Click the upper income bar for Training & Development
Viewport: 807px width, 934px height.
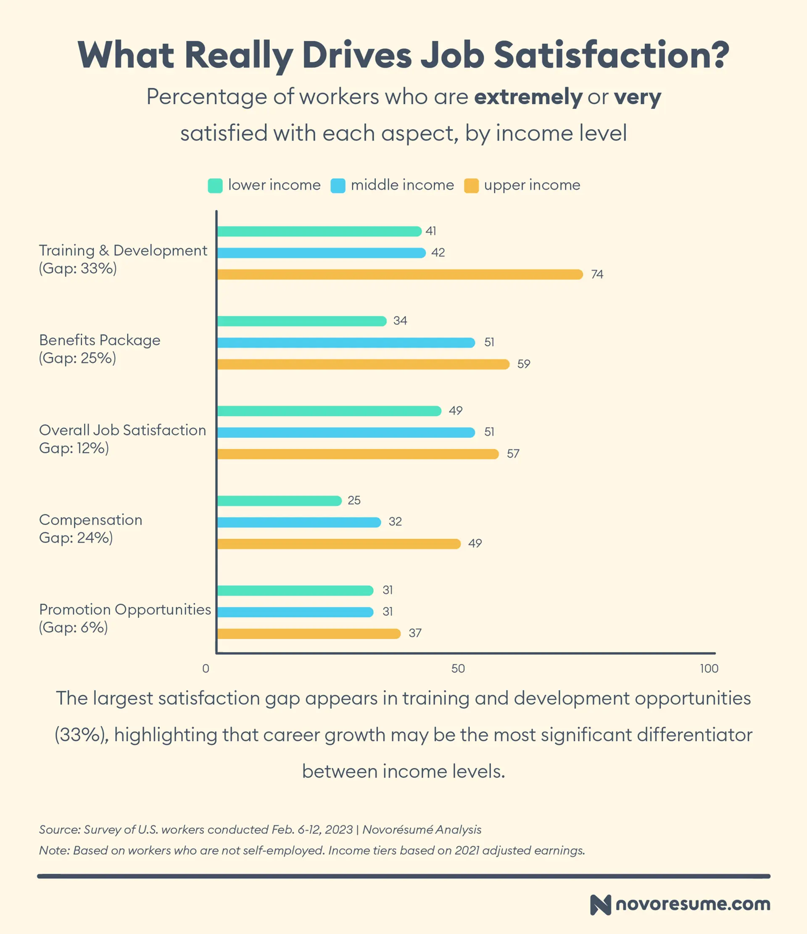point(399,274)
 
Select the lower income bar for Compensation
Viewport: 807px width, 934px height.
point(279,500)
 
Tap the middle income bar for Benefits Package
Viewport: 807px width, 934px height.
point(346,343)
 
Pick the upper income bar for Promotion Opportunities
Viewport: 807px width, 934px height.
point(309,633)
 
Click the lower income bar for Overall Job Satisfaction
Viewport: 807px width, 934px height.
point(329,411)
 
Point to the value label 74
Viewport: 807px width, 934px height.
point(597,274)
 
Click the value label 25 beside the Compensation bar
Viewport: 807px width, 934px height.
point(354,500)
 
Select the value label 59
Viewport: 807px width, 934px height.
point(523,364)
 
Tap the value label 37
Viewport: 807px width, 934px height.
point(415,633)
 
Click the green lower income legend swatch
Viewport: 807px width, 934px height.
point(215,186)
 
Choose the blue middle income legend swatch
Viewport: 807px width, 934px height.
point(338,186)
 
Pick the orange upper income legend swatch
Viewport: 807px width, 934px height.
point(471,186)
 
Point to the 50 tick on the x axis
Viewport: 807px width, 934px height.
point(458,668)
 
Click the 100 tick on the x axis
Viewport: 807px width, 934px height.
point(709,668)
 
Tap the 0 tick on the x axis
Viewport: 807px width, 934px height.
point(206,668)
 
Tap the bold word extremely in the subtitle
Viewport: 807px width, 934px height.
point(528,97)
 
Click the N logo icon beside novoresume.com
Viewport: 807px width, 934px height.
point(600,905)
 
